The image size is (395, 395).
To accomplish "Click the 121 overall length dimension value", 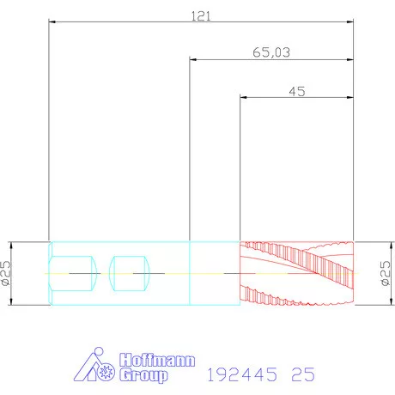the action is pos(201,16).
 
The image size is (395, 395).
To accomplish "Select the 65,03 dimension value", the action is pos(271,52).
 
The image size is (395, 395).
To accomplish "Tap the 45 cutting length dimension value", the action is pos(297,92).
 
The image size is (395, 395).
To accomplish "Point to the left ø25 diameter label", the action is pos(6,273).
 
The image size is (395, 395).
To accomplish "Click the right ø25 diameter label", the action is pos(386,273).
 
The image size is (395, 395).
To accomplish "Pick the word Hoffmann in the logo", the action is pos(157,360).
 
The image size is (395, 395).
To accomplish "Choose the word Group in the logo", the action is pos(143,375).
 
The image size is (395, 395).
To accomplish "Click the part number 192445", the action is pos(242,374).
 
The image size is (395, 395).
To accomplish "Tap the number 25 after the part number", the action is pos(303,374).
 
